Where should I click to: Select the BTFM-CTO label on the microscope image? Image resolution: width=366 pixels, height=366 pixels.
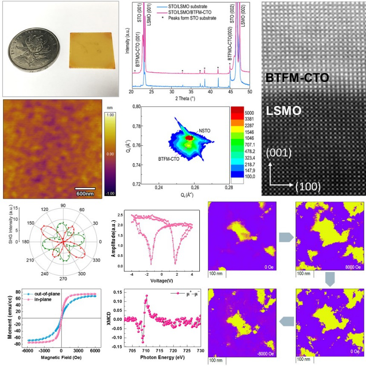tap(298, 78)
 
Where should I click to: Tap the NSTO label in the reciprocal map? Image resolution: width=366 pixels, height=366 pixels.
tap(203, 132)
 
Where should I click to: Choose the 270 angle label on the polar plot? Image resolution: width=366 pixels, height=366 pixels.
tap(63, 280)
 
